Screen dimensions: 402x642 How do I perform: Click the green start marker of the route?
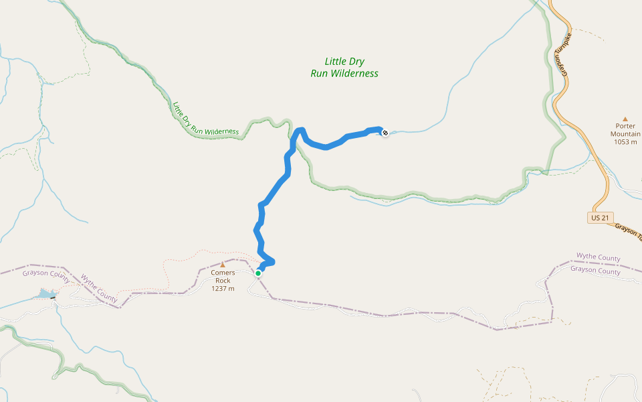pyautogui.click(x=258, y=273)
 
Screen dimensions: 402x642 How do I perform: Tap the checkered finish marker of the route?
pyautogui.click(x=385, y=132)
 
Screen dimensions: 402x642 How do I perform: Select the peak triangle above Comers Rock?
pyautogui.click(x=223, y=265)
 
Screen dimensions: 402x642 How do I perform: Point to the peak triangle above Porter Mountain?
pyautogui.click(x=625, y=119)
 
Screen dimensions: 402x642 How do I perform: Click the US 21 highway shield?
pyautogui.click(x=600, y=218)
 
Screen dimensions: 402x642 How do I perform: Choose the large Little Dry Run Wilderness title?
pyautogui.click(x=344, y=68)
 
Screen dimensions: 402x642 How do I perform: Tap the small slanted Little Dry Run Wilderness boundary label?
pyautogui.click(x=205, y=121)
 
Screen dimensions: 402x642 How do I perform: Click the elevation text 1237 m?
pyautogui.click(x=223, y=289)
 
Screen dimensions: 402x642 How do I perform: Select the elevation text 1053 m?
pyautogui.click(x=625, y=142)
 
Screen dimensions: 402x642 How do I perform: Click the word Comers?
pyautogui.click(x=223, y=273)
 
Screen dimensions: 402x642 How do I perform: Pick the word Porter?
pyautogui.click(x=625, y=125)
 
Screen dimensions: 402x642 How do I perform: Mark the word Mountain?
pyautogui.click(x=625, y=133)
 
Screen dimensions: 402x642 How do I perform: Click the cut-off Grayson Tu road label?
pyautogui.click(x=628, y=232)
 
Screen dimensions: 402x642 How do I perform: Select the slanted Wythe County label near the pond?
pyautogui.click(x=98, y=287)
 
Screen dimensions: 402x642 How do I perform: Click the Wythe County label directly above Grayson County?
pyautogui.click(x=598, y=258)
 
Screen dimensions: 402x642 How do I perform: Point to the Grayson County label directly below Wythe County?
pyautogui.click(x=595, y=271)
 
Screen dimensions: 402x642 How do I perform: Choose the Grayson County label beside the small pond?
pyautogui.click(x=45, y=273)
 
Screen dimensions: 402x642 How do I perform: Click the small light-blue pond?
pyautogui.click(x=45, y=293)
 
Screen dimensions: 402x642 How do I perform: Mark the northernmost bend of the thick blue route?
pyautogui.click(x=301, y=129)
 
